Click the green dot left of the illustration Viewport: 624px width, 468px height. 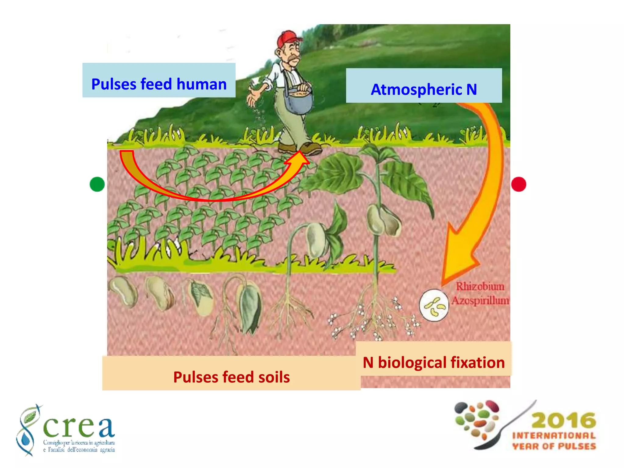(97, 184)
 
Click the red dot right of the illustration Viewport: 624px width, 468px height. (519, 184)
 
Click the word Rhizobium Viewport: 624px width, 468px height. (480, 286)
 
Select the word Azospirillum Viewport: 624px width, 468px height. (480, 300)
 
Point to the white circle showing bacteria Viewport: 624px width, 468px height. (434, 305)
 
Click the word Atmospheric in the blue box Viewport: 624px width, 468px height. (417, 90)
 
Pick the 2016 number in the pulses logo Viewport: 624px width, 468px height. (564, 420)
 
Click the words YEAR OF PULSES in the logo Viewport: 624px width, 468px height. (554, 446)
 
